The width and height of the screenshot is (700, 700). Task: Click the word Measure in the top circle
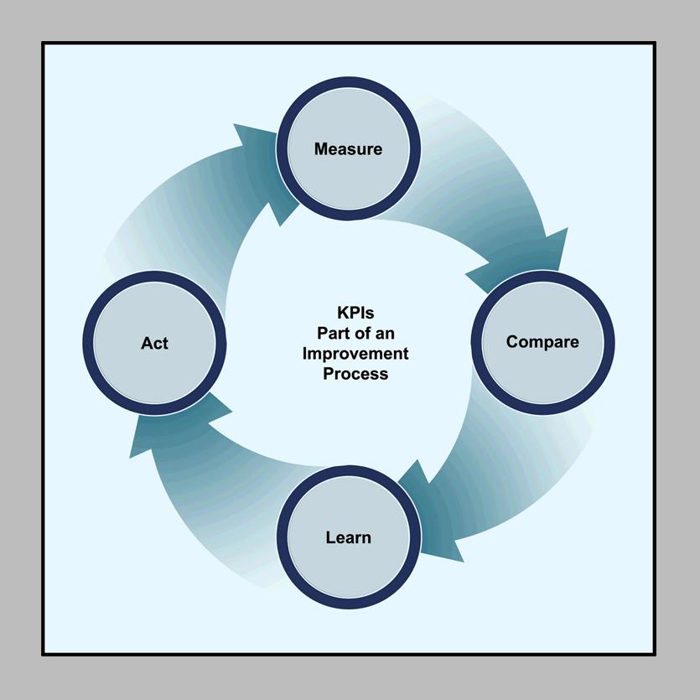point(348,149)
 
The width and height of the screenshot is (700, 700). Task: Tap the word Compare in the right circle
point(542,342)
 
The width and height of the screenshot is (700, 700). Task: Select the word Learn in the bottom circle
point(348,537)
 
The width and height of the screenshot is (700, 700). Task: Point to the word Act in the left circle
point(154,344)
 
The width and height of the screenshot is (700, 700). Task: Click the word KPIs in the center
point(355,313)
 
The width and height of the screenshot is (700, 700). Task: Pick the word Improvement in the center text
point(355,354)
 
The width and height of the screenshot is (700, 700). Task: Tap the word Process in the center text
point(355,374)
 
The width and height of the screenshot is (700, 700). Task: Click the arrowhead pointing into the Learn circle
point(431,513)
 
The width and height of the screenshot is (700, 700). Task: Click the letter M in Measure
point(321,149)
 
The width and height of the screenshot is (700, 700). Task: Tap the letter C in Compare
point(512,342)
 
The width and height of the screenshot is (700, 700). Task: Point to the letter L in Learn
point(330,537)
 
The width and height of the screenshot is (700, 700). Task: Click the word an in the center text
point(385,334)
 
